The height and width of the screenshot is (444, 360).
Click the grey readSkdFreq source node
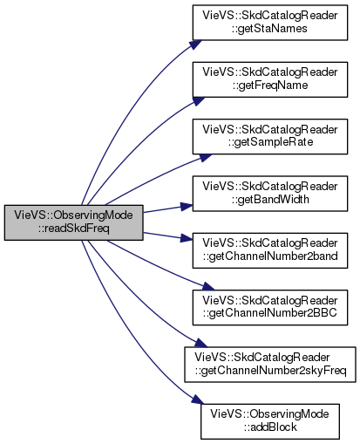point(73,222)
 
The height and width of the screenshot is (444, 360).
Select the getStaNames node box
point(270,23)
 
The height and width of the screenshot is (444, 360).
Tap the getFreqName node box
point(270,79)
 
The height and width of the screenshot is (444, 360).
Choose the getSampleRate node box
point(270,136)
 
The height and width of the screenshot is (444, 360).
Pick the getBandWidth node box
point(270,194)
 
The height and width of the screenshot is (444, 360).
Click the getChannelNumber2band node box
point(270,250)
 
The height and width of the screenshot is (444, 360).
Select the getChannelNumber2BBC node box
point(270,307)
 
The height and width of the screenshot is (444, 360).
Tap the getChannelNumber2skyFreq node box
point(270,365)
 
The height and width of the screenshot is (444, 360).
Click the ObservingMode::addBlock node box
point(270,421)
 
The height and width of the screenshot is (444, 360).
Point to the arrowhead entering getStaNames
point(196,44)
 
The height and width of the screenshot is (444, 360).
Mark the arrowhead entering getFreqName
point(199,100)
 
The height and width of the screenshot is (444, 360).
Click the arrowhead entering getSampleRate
point(206,157)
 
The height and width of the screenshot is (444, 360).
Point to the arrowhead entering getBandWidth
point(187,206)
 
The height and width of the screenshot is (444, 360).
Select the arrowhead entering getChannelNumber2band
point(187,238)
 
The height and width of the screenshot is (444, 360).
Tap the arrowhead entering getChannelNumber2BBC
point(208,286)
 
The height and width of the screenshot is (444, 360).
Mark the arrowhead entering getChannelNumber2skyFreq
point(200,343)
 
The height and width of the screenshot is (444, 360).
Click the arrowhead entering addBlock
point(197,400)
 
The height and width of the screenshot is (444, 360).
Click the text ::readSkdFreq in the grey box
point(74,229)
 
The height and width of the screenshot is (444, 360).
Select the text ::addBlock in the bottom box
point(270,427)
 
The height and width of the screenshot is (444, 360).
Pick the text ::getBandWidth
point(270,199)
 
